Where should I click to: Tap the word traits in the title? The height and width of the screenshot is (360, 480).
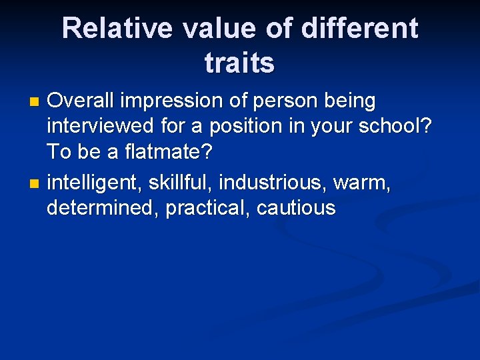pyautogui.click(x=239, y=63)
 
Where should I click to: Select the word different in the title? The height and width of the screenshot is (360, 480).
pyautogui.click(x=360, y=29)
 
